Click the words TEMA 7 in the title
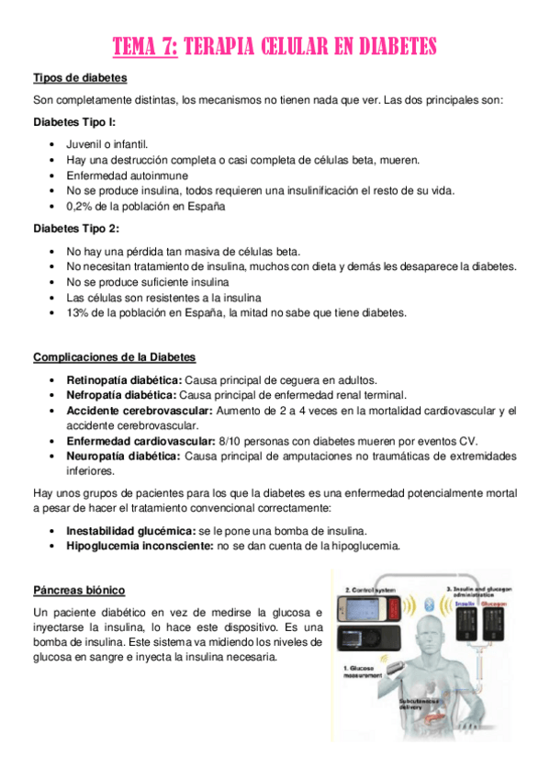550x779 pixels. coord(144,46)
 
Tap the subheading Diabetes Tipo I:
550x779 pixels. coord(74,121)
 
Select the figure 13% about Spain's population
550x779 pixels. coord(78,312)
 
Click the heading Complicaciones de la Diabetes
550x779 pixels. coord(114,356)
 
